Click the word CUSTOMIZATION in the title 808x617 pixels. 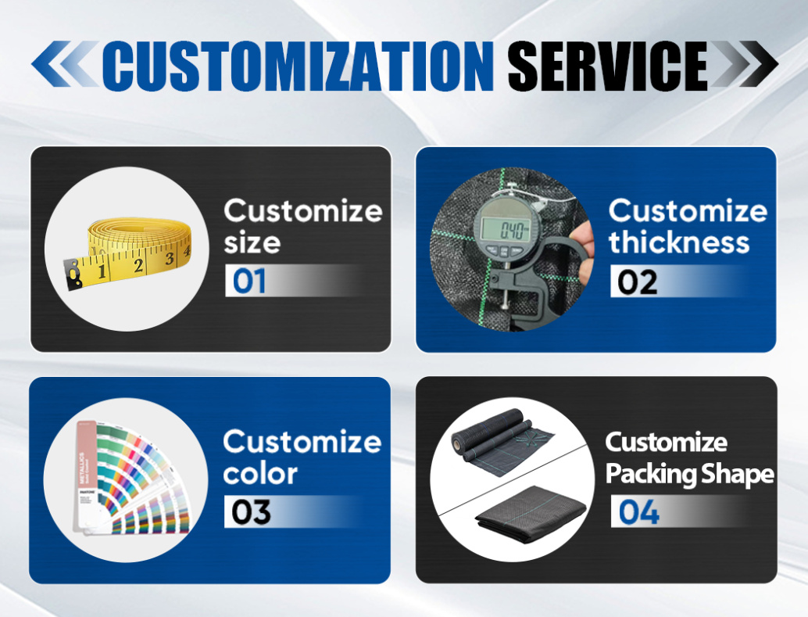pos(298,66)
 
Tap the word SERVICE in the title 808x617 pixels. pos(607,66)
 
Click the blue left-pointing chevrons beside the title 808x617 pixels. pos(64,63)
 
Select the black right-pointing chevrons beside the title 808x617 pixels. pos(744,63)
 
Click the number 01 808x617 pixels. pos(249,282)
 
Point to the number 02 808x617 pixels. pos(638,282)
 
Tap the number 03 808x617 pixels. pos(251,511)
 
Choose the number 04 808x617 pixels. pos(639,512)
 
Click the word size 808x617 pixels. pos(252,242)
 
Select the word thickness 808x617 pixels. pos(678,242)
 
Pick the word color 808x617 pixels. pos(260,474)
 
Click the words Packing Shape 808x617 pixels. pos(689,474)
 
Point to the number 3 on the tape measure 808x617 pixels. pos(169,258)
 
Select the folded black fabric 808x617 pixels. pos(531,512)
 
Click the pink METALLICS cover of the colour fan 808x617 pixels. pos(85,475)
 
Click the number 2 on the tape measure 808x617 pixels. pos(138,265)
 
